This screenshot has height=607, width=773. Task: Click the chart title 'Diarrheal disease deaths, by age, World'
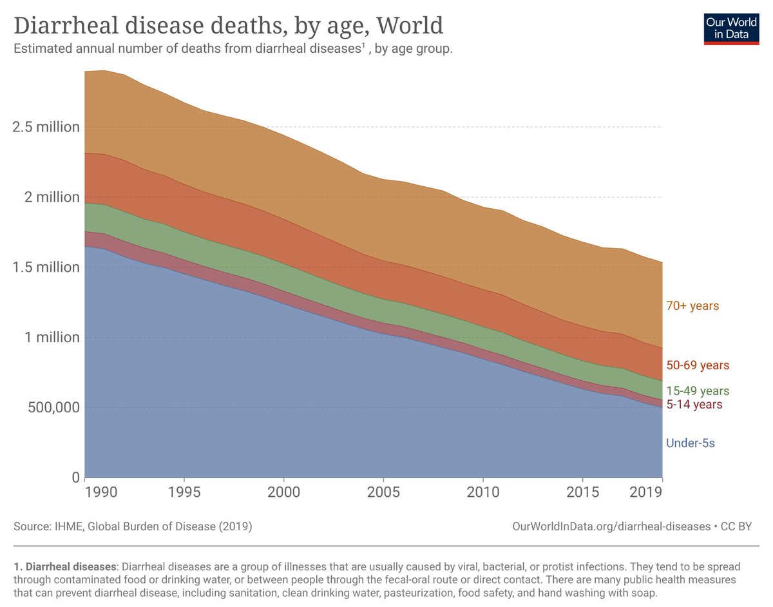229,26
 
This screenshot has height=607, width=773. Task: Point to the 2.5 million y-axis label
46,126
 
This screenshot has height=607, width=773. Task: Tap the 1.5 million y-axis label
46,267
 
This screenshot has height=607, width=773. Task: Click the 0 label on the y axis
75,477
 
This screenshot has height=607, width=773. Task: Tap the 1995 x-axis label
184,492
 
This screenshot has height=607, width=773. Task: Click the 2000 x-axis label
283,492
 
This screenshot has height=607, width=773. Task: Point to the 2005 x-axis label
383,492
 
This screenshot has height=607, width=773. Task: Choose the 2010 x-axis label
483,492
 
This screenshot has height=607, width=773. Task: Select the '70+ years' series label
692,306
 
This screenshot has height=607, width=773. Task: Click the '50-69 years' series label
698,365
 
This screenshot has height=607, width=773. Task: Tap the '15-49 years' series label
698,391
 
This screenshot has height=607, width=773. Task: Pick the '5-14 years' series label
694,405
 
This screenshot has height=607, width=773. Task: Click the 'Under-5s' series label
691,443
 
